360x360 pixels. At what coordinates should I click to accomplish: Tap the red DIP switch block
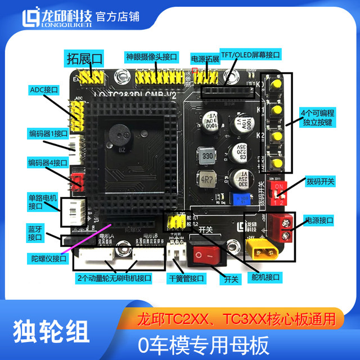coord(277,193)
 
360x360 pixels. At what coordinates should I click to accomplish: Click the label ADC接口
coord(43,90)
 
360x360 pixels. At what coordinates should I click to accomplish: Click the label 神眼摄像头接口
coord(152,57)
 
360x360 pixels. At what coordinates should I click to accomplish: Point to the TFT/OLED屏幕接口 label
coord(250,56)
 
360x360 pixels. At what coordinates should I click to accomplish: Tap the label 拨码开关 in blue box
coord(320,182)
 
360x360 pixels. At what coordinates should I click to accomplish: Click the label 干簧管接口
coord(187,278)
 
